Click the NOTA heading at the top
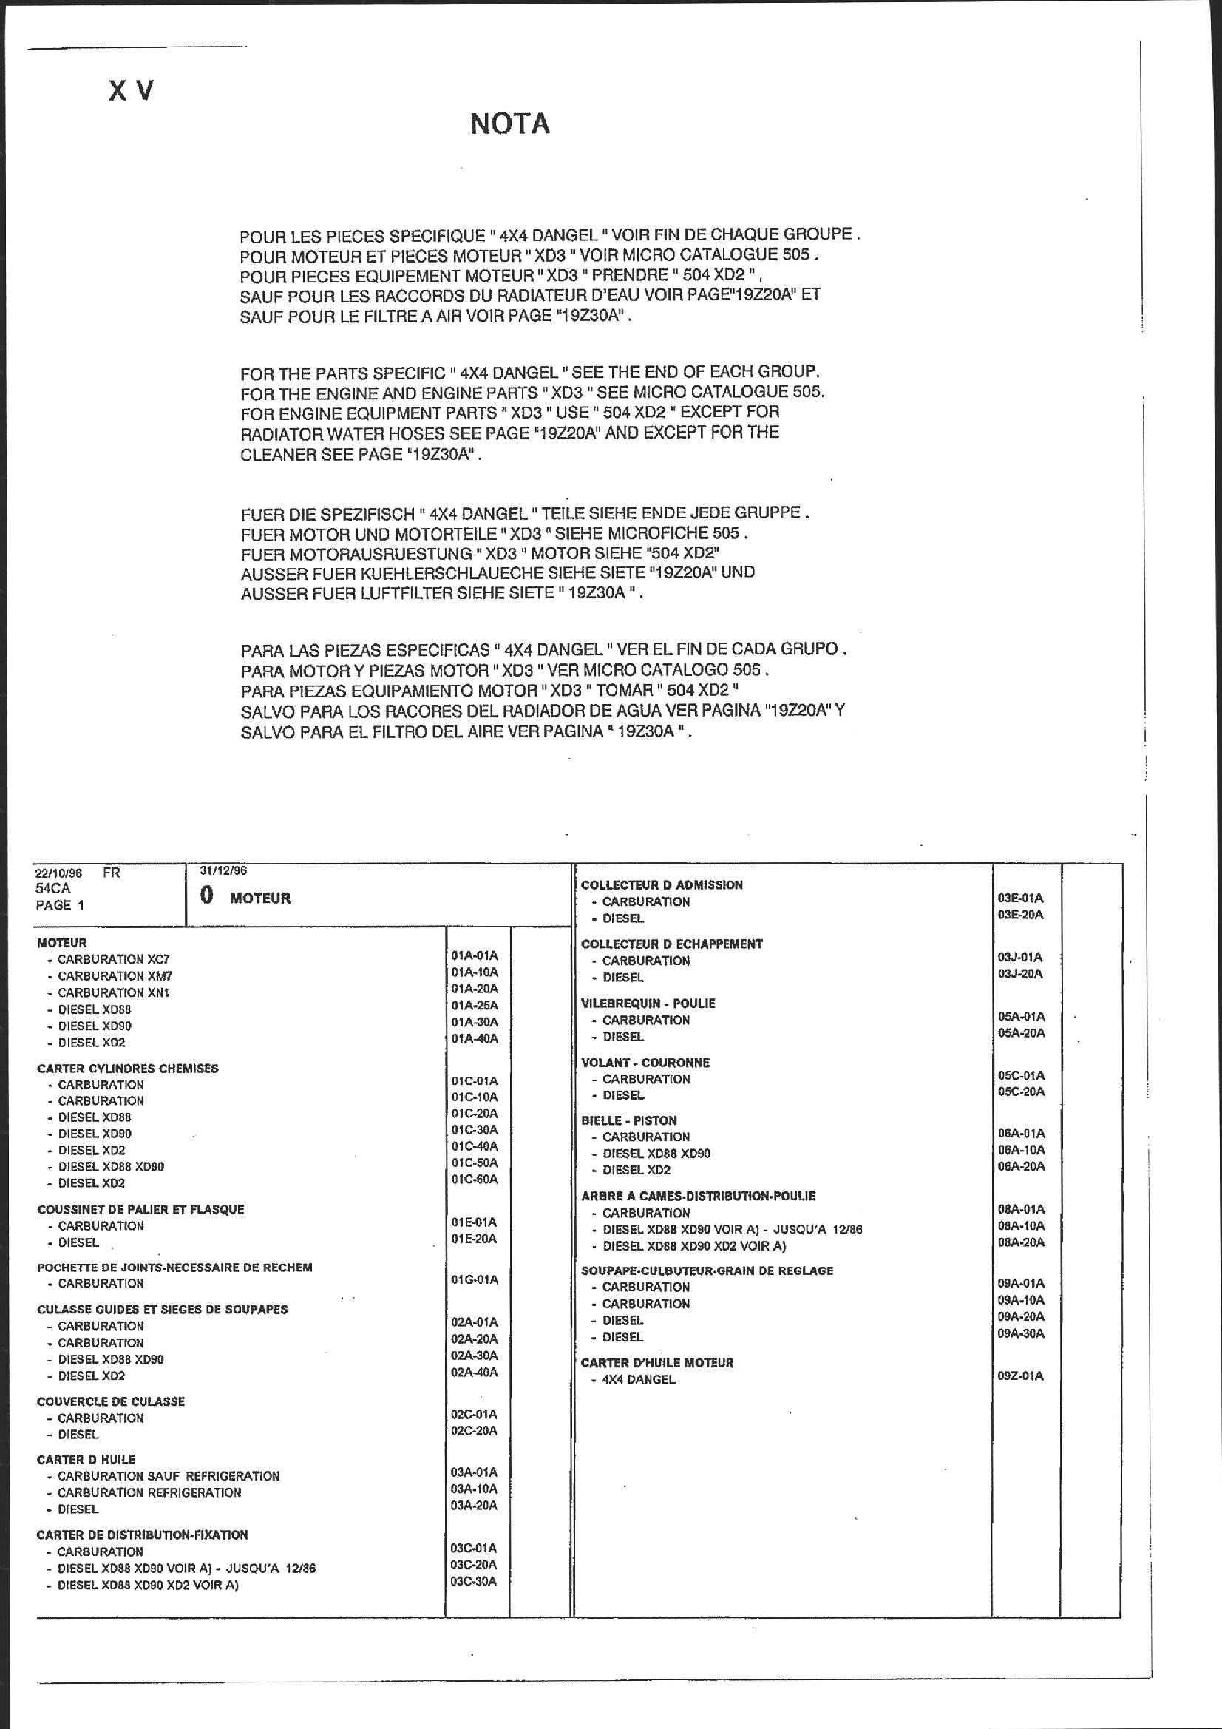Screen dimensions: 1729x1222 pos(510,124)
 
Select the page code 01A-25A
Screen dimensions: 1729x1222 pos(475,1005)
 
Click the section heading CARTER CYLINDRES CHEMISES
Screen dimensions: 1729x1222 pos(128,1068)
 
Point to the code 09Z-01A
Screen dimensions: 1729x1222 pos(1021,1376)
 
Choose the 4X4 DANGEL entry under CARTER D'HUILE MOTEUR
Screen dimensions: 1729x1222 pos(639,1380)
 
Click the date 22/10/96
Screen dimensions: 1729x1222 pos(58,873)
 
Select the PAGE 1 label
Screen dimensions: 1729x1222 pos(60,905)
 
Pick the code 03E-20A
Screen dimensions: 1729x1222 pos(1021,915)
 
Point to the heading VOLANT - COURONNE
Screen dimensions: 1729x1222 pos(645,1063)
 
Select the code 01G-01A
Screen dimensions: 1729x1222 pos(475,1279)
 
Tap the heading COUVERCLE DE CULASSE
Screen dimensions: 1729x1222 pos(111,1401)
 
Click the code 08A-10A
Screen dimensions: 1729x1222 pos(1021,1225)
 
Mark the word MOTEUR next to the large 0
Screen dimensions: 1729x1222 pos(259,899)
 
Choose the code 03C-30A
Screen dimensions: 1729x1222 pos(474,1580)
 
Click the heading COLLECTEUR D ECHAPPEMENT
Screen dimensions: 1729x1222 pos(671,944)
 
